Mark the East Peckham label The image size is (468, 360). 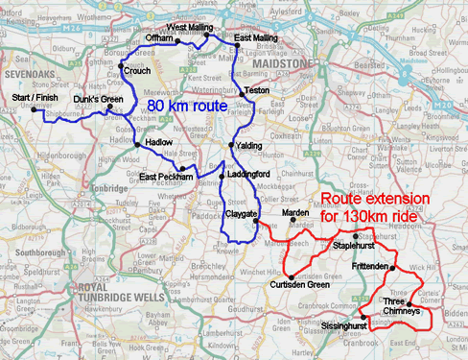[165, 178]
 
